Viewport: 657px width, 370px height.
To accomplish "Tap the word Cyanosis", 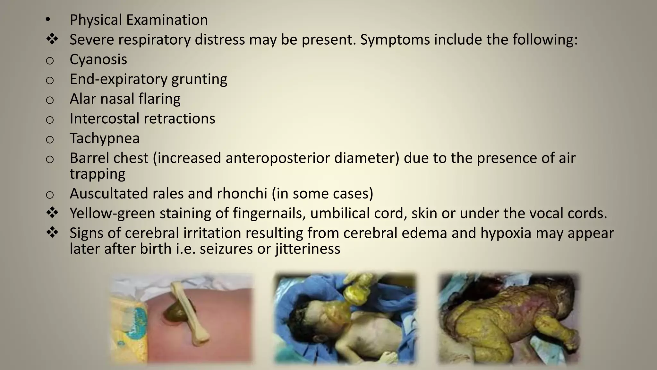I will pyautogui.click(x=98, y=59).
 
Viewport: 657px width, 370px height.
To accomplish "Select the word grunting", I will pyautogui.click(x=199, y=79).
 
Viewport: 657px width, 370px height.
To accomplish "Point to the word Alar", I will pyautogui.click(x=83, y=99).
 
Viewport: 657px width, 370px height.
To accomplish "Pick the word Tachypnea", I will pyautogui.click(x=105, y=138).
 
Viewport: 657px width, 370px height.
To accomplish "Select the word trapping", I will pyautogui.click(x=98, y=174).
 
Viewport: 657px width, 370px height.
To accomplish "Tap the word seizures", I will pyautogui.click(x=226, y=249).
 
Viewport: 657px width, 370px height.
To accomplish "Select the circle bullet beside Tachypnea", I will pyautogui.click(x=50, y=139).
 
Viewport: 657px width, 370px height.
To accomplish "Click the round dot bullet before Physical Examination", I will pyautogui.click(x=47, y=20).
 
